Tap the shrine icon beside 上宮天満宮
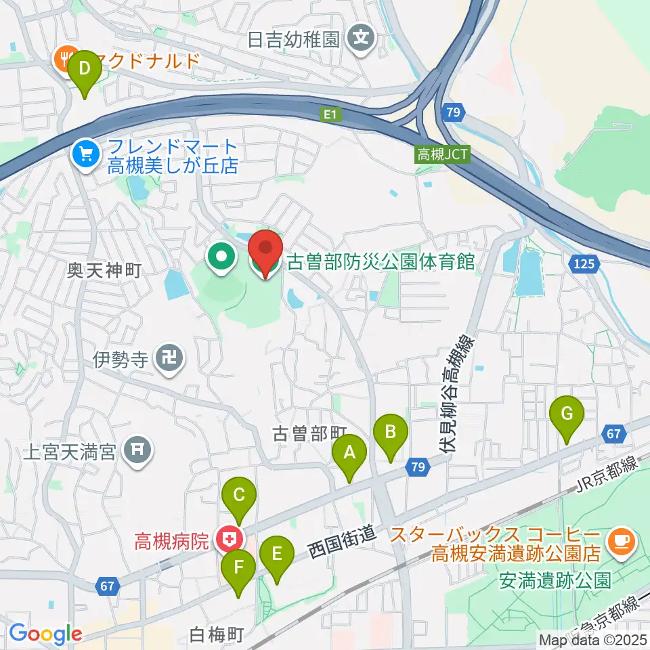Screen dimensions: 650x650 pos(139,448)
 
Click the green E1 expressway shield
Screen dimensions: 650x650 pos(329,115)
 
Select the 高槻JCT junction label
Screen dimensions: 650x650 pos(442,155)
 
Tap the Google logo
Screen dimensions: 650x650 pos(45,634)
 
